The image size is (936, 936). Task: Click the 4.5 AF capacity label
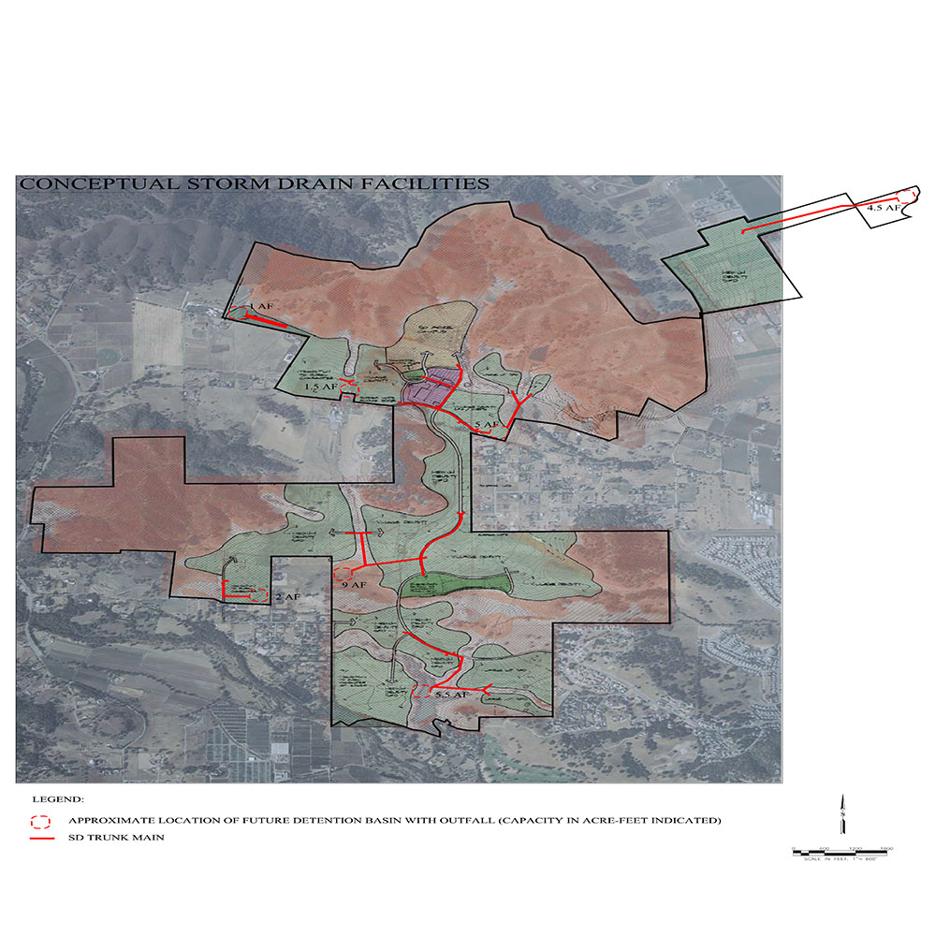click(x=882, y=209)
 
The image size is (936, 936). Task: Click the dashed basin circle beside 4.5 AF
click(x=905, y=196)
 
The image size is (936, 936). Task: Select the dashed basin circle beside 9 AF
click(x=344, y=572)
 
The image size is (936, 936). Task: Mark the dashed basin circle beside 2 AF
click(x=259, y=594)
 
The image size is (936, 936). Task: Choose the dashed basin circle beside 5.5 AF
click(x=422, y=692)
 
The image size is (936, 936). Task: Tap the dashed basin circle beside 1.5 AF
click(x=349, y=386)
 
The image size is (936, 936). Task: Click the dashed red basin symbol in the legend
click(x=39, y=822)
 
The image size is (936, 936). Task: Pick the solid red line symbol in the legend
click(x=39, y=838)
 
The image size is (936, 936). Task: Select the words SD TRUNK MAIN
click(x=116, y=838)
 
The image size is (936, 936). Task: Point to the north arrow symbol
click(x=843, y=812)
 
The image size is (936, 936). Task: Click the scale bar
click(x=843, y=849)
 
